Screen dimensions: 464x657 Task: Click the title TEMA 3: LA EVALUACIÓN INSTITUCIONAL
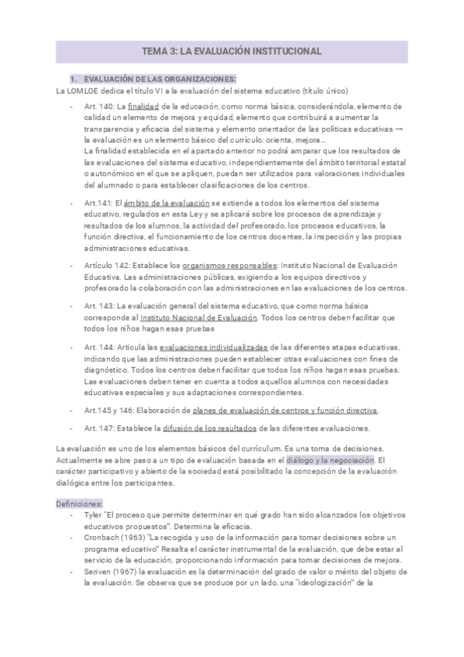(232, 51)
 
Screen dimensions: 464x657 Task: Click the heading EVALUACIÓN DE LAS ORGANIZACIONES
(159, 80)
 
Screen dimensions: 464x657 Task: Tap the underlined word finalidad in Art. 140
(143, 105)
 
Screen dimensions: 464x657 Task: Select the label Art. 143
(100, 306)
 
